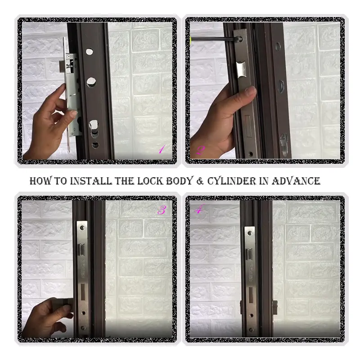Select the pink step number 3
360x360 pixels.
click(161, 210)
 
